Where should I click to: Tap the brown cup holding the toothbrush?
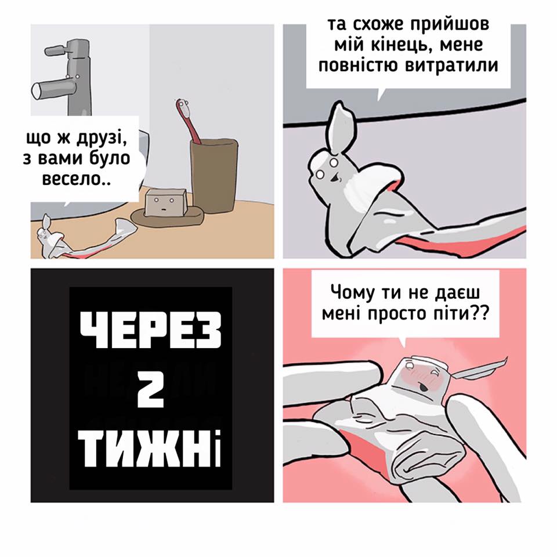click(214, 175)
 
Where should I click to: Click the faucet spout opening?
click(36, 91)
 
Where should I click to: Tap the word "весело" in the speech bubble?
click(71, 178)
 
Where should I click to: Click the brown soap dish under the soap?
click(167, 216)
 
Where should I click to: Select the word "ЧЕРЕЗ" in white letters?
click(151, 330)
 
